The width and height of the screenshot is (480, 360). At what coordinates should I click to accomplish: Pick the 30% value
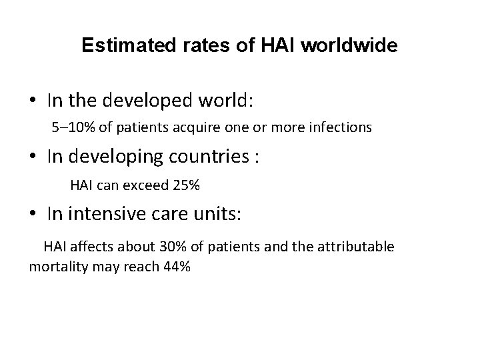click(172, 247)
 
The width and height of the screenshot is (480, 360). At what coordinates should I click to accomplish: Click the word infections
click(342, 127)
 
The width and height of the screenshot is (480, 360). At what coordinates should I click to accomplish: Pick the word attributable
click(356, 247)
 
